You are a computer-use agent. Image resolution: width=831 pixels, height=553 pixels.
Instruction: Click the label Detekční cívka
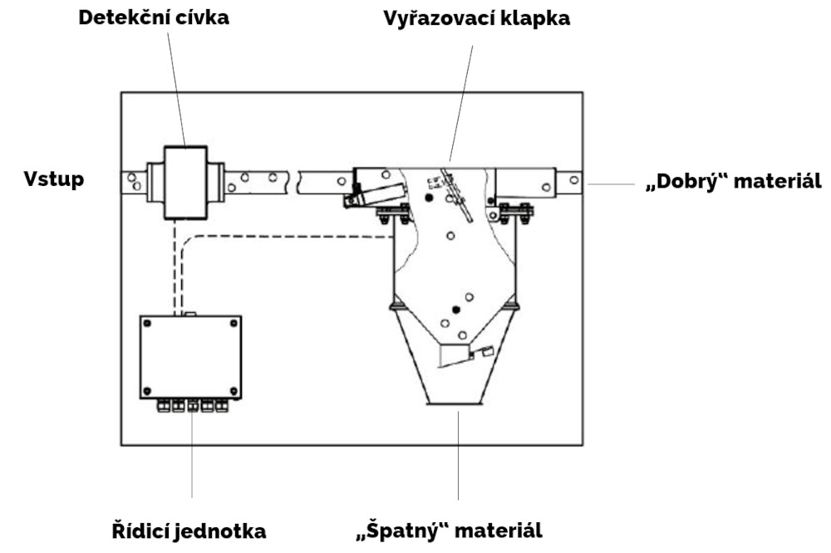(x=154, y=17)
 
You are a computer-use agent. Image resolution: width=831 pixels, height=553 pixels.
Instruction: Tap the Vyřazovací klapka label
(x=476, y=18)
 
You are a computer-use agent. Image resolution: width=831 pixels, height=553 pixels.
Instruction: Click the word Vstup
(x=54, y=179)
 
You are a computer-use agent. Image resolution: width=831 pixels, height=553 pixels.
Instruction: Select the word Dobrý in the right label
(x=690, y=181)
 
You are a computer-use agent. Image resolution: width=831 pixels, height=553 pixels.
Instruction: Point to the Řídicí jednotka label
(x=189, y=531)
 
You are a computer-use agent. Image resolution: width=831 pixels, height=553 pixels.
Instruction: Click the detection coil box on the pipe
(x=185, y=182)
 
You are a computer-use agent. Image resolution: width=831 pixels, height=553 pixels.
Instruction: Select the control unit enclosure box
(x=191, y=357)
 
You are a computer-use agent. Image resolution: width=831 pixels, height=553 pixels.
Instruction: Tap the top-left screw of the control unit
(x=148, y=323)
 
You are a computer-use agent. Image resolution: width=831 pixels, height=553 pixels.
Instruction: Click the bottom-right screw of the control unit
(x=234, y=391)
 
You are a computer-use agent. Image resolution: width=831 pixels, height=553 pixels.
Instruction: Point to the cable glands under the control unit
(x=192, y=406)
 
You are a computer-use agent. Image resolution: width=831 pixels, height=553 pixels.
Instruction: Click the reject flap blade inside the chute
(x=456, y=195)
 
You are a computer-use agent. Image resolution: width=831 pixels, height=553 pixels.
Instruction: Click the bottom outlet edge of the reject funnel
(x=455, y=404)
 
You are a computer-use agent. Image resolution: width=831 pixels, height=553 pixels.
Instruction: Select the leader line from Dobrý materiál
(x=611, y=184)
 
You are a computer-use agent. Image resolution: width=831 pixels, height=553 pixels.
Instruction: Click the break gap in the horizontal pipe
(x=293, y=181)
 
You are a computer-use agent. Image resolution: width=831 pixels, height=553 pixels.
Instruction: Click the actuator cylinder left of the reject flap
(x=375, y=195)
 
